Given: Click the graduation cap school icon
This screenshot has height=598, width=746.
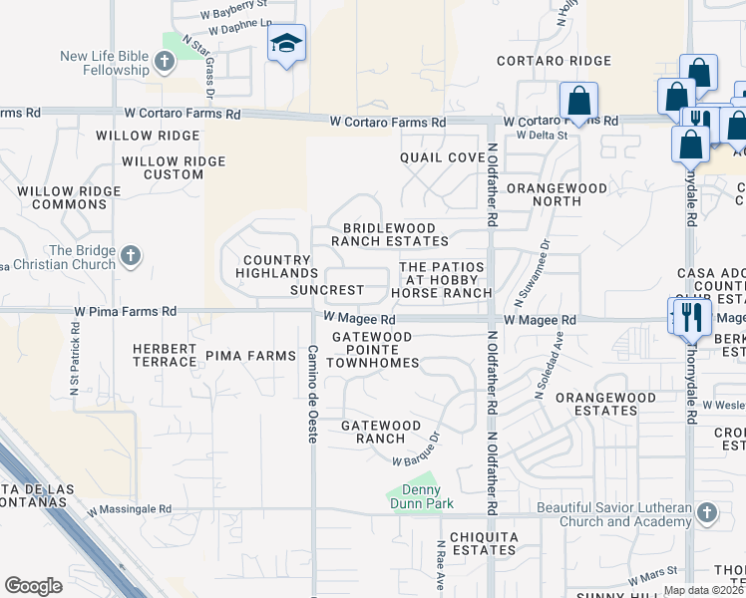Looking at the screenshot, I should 286,44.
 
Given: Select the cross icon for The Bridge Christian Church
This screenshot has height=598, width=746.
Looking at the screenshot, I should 130,257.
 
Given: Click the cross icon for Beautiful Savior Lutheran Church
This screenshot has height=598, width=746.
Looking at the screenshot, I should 706,513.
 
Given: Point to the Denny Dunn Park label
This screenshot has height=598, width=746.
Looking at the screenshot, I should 421,496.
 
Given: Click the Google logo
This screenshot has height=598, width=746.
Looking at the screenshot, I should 33,585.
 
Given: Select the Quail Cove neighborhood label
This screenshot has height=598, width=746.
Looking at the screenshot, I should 442,157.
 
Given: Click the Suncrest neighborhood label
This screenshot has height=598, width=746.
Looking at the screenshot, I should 327,291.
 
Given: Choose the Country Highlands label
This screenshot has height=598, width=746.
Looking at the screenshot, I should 279,266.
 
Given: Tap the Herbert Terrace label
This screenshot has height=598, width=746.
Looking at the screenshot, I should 165,355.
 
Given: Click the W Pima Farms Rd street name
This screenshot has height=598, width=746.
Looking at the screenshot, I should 125,312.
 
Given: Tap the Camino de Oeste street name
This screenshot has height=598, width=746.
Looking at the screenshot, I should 312,395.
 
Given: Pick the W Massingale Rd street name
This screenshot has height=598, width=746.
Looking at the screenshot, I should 129,509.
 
